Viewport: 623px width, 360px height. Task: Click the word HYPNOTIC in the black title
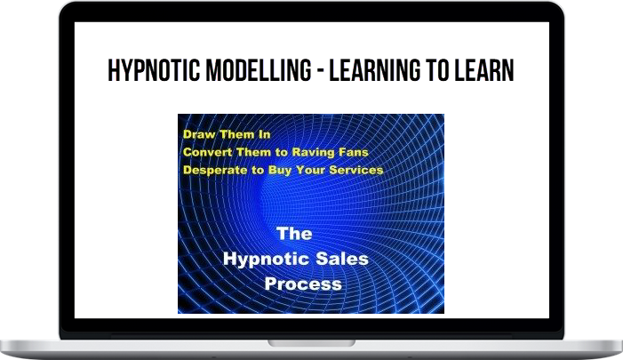[154, 70]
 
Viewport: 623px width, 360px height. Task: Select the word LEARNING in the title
[375, 70]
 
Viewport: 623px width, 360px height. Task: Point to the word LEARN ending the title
[484, 70]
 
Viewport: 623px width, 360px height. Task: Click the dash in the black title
[320, 71]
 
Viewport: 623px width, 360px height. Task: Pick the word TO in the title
[438, 70]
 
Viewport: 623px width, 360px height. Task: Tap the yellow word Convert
[208, 152]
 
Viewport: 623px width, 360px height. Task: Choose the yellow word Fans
[354, 152]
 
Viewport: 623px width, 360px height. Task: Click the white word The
[294, 234]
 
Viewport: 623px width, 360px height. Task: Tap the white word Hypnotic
[261, 260]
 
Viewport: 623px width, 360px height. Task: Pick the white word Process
[303, 284]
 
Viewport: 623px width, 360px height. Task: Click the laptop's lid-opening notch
[311, 343]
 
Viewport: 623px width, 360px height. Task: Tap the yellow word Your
[311, 170]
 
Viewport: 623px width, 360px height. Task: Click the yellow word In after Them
[265, 134]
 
